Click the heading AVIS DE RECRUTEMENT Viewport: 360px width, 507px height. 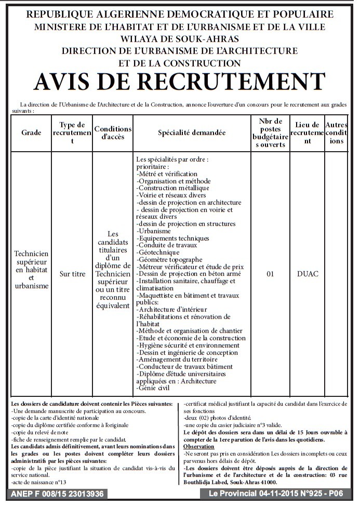click(x=179, y=82)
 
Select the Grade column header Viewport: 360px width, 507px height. click(x=31, y=133)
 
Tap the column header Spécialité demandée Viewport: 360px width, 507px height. click(x=192, y=133)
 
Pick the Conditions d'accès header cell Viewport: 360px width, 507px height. click(x=113, y=133)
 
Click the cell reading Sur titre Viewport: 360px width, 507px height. click(x=72, y=274)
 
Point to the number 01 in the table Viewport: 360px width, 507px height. click(x=270, y=274)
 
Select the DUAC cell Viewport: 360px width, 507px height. click(x=308, y=274)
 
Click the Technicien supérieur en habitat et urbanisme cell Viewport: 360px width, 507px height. click(x=31, y=270)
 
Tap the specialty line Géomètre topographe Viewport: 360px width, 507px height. click(x=169, y=260)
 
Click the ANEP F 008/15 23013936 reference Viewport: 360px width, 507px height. click(x=57, y=494)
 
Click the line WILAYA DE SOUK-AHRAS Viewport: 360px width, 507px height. click(x=179, y=39)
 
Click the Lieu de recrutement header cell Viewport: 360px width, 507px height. click(x=307, y=133)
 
